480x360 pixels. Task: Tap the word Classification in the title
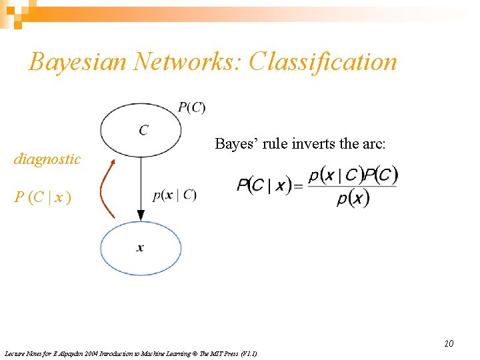coord(323,62)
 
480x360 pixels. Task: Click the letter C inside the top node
coord(143,130)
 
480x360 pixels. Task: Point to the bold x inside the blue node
coord(140,248)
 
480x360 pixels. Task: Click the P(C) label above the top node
coord(191,107)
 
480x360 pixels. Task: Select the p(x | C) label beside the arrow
coord(174,195)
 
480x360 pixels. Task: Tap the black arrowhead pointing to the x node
coord(141,215)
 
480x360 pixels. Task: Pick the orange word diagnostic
coord(47,159)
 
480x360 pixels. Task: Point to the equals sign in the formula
coord(297,186)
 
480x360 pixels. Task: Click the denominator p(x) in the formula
coord(353,198)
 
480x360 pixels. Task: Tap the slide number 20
coord(449,343)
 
